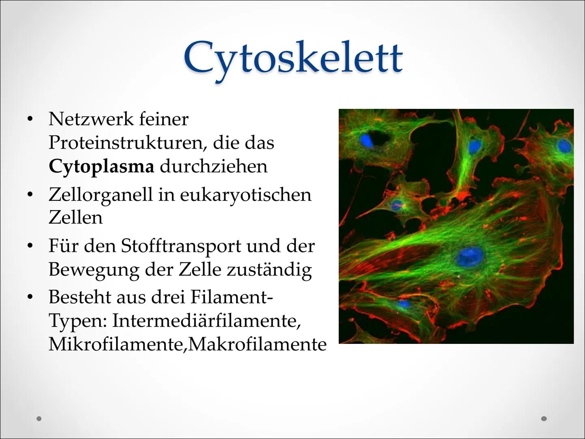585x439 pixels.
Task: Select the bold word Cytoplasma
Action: pos(101,167)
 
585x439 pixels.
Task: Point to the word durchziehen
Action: pos(214,167)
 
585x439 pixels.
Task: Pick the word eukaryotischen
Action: pos(245,195)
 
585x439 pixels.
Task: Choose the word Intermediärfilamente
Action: pos(206,321)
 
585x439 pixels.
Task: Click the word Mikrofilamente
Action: pos(116,345)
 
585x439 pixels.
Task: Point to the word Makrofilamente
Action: pos(258,345)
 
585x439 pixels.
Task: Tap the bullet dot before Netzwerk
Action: pos(29,119)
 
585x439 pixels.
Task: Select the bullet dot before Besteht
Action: pos(29,297)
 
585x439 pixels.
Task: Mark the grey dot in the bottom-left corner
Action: pos(39,418)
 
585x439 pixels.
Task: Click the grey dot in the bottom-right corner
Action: pos(544,418)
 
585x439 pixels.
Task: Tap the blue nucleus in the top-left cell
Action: pos(366,141)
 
